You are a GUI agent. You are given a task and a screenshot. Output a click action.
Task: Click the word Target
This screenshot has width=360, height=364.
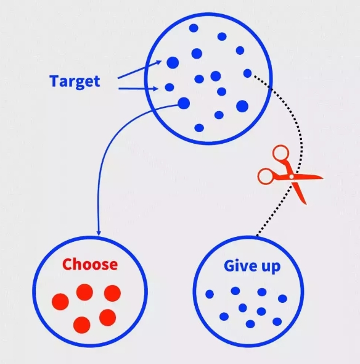[75, 81]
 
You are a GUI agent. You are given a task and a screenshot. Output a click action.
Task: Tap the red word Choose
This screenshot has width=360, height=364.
[90, 264]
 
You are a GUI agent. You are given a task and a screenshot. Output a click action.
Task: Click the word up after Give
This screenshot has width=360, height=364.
[271, 267]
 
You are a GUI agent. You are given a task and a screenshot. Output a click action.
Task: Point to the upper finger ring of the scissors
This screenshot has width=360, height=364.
[280, 153]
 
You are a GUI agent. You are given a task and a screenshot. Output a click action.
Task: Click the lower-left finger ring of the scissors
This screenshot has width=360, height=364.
[266, 176]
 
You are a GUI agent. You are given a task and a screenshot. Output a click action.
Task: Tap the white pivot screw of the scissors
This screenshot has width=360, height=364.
[292, 176]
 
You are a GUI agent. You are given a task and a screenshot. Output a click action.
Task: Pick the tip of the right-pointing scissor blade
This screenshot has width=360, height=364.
[323, 178]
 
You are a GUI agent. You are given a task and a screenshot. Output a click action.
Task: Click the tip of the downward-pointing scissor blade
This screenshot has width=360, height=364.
[306, 204]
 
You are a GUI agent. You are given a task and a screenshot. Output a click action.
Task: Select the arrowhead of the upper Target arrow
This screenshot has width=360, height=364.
[160, 62]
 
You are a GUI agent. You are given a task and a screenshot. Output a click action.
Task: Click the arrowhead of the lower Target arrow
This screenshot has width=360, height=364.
[156, 88]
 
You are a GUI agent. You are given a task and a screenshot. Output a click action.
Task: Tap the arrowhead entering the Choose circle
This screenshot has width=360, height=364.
[99, 233]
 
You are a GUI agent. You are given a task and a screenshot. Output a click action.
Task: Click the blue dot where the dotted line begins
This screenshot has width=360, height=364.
[248, 73]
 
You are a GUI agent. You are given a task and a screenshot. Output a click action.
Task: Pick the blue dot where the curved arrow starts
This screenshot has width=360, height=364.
[184, 103]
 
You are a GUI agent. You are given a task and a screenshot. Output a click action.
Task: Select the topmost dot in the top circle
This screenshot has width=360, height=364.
[194, 28]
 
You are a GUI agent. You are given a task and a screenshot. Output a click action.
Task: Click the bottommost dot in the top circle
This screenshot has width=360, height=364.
[199, 128]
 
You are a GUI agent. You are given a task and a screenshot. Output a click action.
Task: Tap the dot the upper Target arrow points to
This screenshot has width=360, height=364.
[173, 63]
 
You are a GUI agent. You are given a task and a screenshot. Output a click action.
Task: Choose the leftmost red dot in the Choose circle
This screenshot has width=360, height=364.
[60, 302]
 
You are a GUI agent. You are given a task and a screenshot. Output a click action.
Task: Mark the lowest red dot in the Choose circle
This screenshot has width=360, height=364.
[81, 325]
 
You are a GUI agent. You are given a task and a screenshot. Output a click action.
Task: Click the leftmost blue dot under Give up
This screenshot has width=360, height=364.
[210, 294]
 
